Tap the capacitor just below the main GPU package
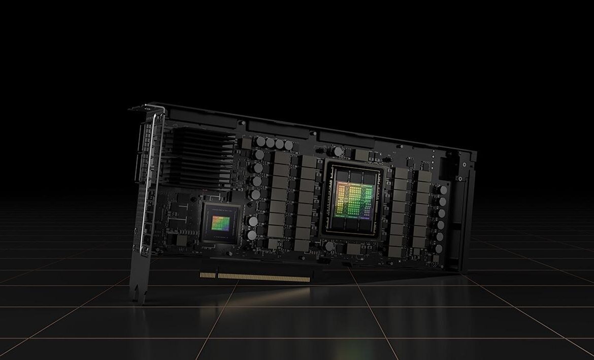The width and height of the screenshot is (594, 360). click(x=329, y=246)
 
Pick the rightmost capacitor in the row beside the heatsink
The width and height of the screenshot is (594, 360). click(x=288, y=145)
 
